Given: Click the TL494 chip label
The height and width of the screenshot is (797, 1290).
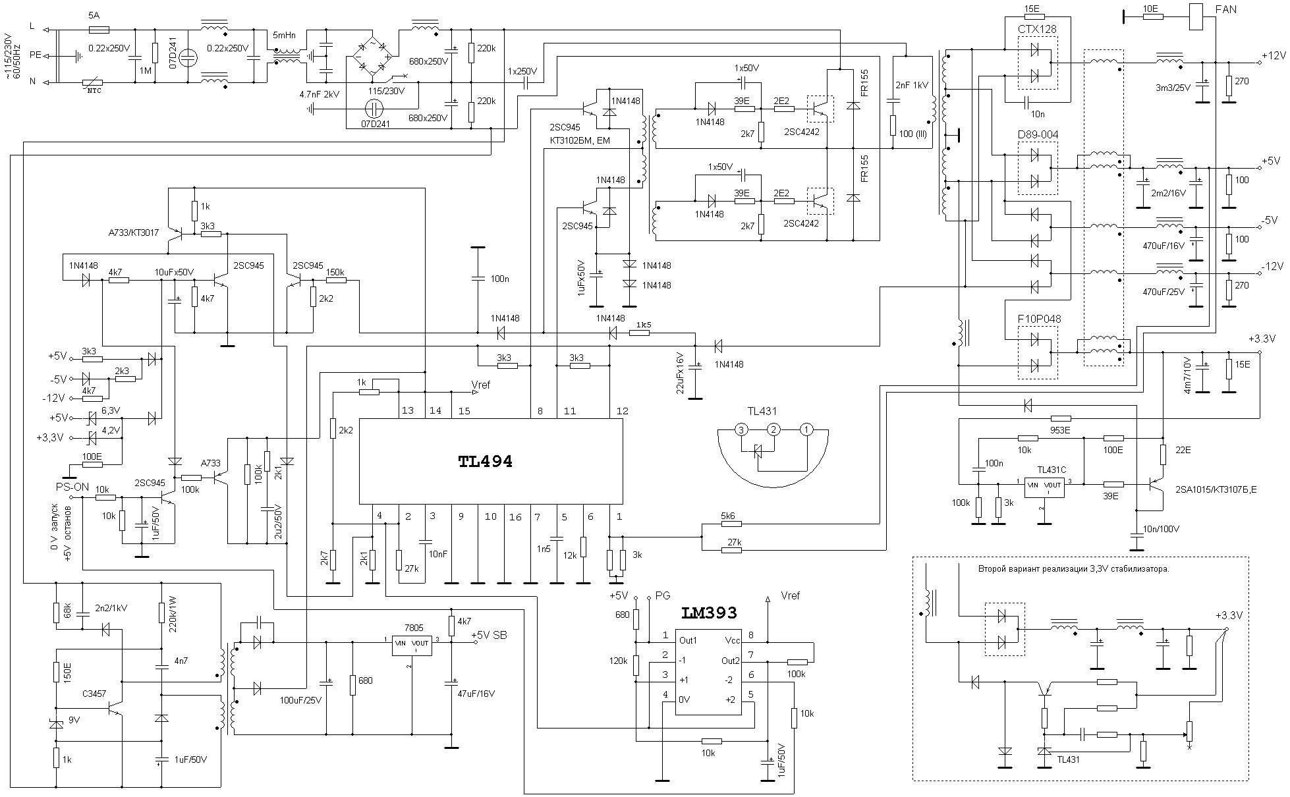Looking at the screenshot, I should click(485, 462).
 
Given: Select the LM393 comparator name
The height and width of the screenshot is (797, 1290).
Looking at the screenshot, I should click(709, 613).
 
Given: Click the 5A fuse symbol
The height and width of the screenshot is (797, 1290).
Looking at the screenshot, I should click(98, 30).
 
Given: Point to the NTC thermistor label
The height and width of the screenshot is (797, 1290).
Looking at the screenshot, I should click(95, 90).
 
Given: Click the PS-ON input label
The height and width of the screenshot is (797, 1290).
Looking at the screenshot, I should click(72, 487).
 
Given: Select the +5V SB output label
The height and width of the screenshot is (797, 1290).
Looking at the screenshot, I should click(489, 635).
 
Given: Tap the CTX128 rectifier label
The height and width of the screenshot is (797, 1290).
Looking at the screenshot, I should click(1037, 30).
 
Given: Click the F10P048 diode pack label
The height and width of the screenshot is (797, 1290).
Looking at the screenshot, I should click(1039, 319).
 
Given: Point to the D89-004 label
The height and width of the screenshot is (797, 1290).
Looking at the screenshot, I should click(1038, 135).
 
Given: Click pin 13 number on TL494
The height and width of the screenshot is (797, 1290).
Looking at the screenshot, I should click(407, 411).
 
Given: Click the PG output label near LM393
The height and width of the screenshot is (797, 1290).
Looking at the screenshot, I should click(662, 595).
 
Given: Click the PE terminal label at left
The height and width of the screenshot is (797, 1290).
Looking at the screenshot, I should click(35, 55).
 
